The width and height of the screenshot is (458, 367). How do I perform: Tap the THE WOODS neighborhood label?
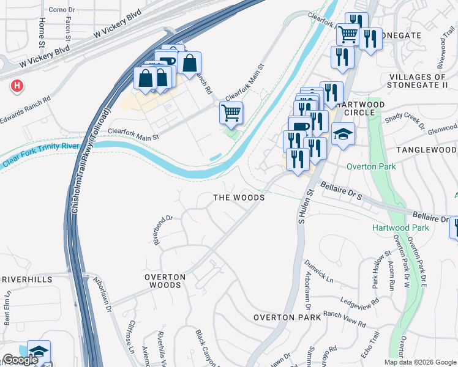239,198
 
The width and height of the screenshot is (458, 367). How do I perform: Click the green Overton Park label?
371,166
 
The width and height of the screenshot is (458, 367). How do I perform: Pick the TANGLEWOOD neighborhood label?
426,150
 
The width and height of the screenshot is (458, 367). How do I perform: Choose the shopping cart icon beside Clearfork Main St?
231,113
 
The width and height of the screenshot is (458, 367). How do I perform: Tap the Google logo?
20,360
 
